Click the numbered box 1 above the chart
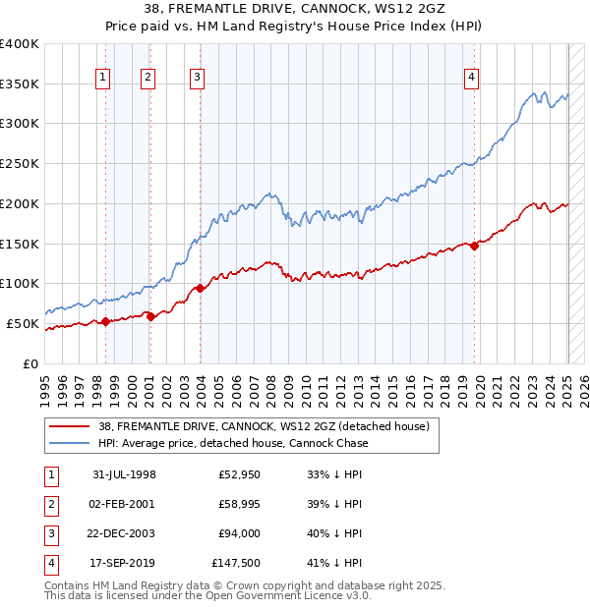[103, 78]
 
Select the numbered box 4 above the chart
[472, 78]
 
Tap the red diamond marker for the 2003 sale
[200, 288]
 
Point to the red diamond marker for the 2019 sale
[474, 246]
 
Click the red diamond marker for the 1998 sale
[105, 321]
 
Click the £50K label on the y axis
[24, 323]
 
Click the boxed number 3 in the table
[48, 533]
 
